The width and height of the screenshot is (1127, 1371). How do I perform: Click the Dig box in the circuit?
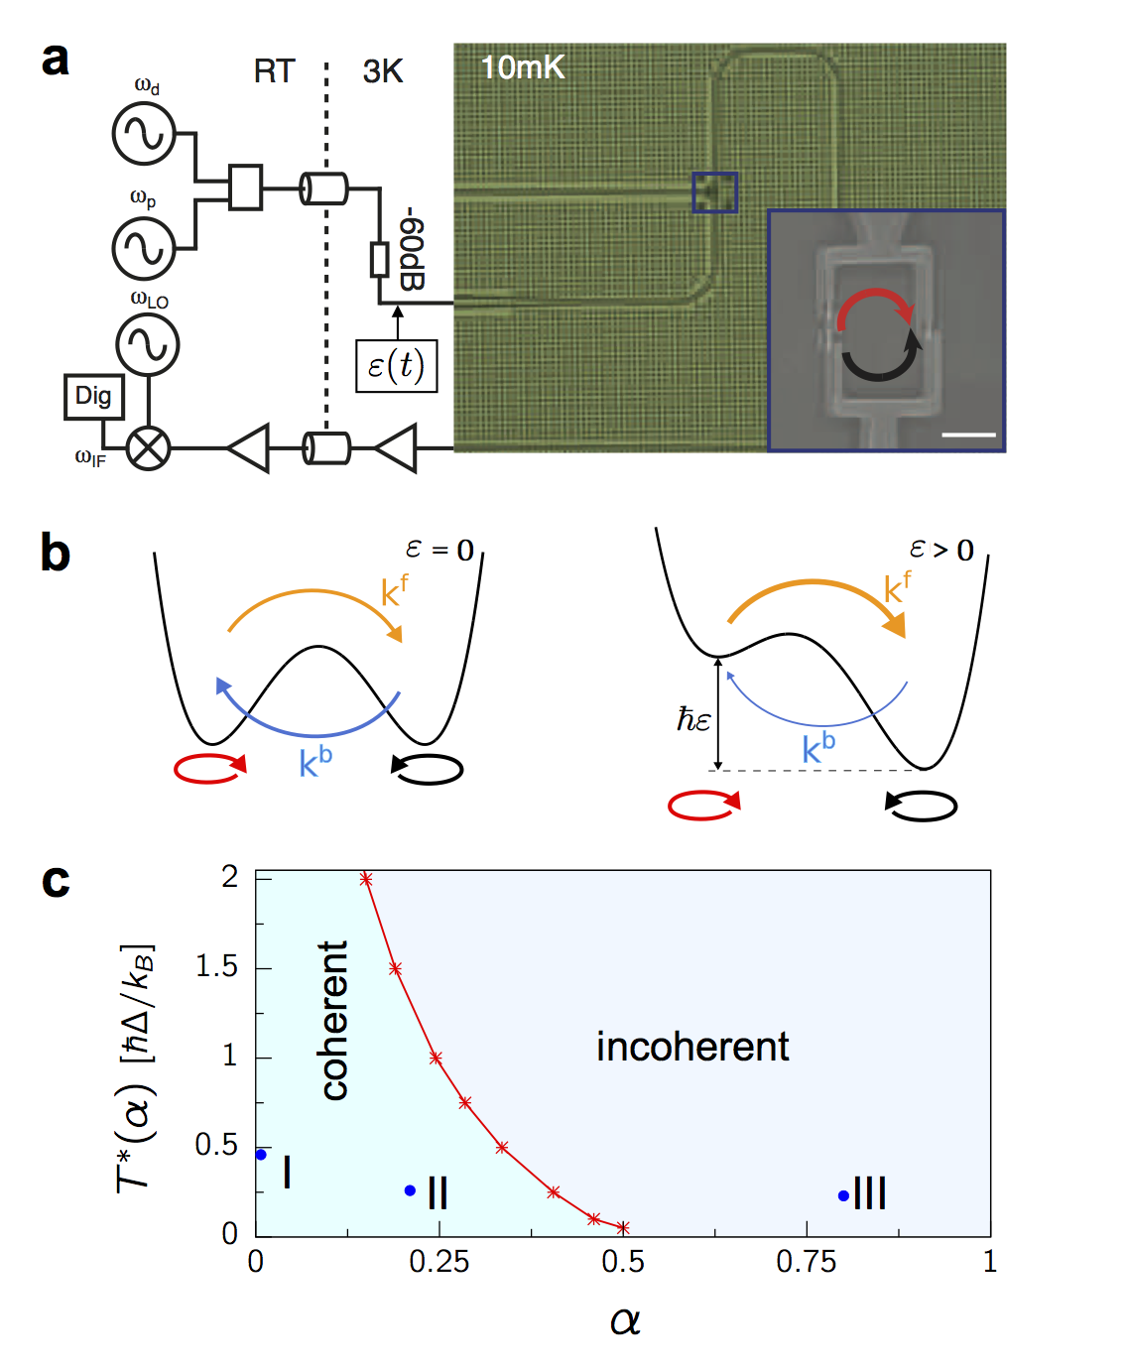[94, 396]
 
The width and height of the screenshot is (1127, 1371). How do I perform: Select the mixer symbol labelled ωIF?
[149, 448]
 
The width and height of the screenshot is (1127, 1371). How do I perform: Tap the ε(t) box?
[396, 366]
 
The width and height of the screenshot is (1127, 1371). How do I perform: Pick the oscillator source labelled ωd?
[145, 134]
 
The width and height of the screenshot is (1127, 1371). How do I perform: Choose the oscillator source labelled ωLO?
[148, 344]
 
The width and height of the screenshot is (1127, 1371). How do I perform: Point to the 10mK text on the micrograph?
[522, 67]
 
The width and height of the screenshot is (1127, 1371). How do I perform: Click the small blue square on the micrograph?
[714, 191]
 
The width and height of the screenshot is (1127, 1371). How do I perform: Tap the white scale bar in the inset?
[968, 434]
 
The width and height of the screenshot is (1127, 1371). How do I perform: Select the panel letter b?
[56, 553]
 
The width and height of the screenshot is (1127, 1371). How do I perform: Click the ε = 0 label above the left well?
[439, 550]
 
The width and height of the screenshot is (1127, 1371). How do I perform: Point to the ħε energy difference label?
[693, 719]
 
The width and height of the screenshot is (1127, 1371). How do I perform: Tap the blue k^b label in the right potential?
[818, 747]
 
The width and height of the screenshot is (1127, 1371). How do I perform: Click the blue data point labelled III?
[843, 1195]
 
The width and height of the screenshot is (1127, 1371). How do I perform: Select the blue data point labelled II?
[410, 1190]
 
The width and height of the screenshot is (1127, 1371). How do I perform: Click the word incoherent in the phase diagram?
[692, 1047]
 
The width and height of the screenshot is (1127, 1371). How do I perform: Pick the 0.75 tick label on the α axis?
[806, 1262]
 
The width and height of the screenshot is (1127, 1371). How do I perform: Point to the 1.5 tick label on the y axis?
[217, 966]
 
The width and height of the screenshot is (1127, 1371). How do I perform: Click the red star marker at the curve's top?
[366, 879]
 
